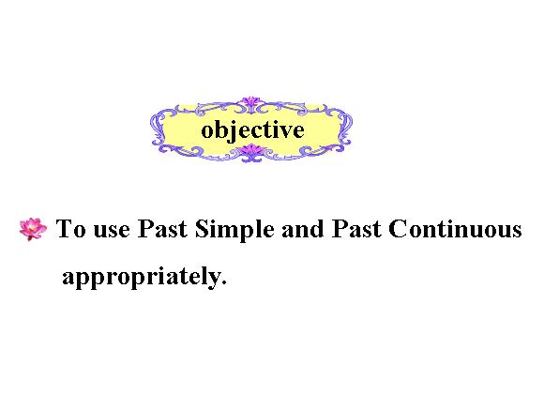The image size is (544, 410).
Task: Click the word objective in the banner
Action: tap(252, 130)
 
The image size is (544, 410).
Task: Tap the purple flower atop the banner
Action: tap(250, 101)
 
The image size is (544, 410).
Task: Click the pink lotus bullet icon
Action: tap(33, 229)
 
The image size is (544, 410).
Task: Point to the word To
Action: tap(70, 228)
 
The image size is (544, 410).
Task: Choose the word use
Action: tap(112, 231)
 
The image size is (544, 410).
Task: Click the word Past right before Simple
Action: tap(162, 228)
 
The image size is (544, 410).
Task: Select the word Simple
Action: tap(234, 231)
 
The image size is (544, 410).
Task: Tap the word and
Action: tap(303, 229)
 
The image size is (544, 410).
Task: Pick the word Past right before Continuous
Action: tap(356, 228)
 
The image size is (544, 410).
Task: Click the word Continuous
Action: tap(455, 228)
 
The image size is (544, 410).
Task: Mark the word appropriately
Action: tap(142, 278)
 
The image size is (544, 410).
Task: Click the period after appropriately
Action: tap(224, 282)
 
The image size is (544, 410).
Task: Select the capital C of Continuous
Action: tap(398, 228)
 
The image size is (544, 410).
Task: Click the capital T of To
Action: tap(65, 228)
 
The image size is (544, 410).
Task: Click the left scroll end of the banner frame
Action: tap(158, 128)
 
